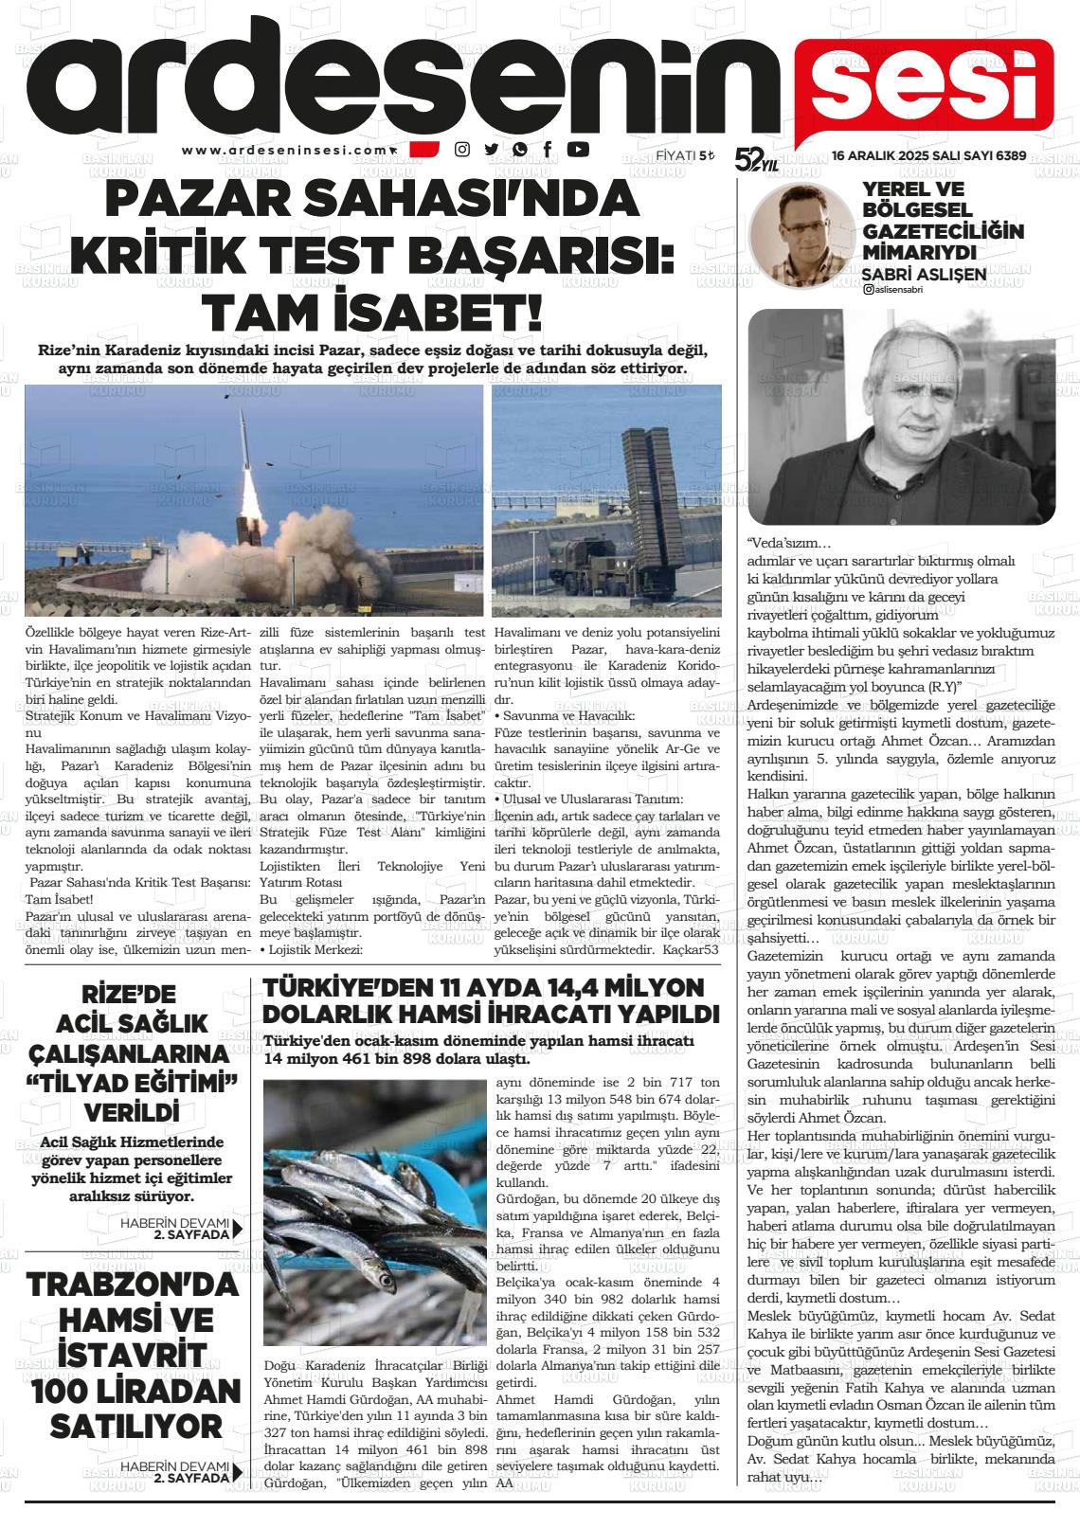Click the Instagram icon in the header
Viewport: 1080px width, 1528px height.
tap(462, 149)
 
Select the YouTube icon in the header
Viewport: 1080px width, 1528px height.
tap(577, 149)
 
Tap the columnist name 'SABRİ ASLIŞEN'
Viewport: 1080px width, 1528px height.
tap(924, 275)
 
